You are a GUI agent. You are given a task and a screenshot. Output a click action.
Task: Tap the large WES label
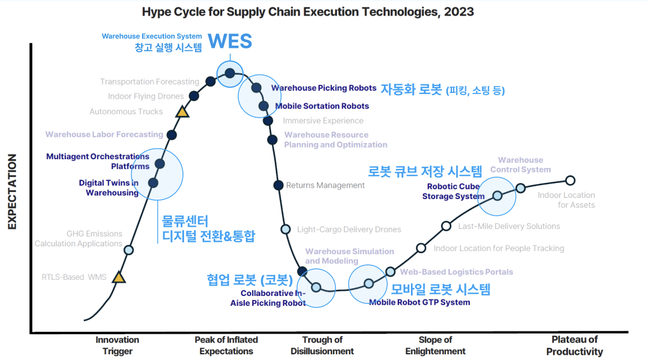pyautogui.click(x=230, y=41)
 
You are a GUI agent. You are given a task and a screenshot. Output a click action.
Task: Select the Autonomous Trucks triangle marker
pyautogui.click(x=182, y=112)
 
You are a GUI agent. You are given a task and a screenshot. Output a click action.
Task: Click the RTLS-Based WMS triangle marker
pyautogui.click(x=118, y=277)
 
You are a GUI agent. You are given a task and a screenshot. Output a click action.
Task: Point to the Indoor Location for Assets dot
pyautogui.click(x=570, y=180)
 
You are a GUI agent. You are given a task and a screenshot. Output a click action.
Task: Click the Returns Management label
pyautogui.click(x=326, y=185)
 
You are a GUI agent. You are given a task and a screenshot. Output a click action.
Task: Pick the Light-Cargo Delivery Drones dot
pyautogui.click(x=285, y=229)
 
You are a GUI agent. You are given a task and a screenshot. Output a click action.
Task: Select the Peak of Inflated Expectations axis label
pyautogui.click(x=226, y=345)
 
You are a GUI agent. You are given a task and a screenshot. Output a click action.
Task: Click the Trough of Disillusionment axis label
pyautogui.click(x=322, y=345)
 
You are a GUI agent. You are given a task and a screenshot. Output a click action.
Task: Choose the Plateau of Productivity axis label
pyautogui.click(x=574, y=345)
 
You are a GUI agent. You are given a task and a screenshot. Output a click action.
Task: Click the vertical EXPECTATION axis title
pyautogui.click(x=12, y=192)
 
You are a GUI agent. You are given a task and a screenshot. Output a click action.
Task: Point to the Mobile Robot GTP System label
pyautogui.click(x=419, y=302)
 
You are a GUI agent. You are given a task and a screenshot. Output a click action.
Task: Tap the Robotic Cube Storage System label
pyautogui.click(x=453, y=192)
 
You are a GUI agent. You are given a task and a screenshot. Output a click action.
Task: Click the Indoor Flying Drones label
pyautogui.click(x=145, y=96)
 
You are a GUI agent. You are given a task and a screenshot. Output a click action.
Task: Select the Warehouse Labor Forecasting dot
pyautogui.click(x=171, y=135)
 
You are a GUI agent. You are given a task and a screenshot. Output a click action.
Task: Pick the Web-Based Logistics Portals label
pyautogui.click(x=457, y=272)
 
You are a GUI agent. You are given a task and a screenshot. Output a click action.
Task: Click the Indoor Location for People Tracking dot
pyautogui.click(x=421, y=248)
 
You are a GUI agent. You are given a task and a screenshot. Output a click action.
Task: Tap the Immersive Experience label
pyautogui.click(x=323, y=121)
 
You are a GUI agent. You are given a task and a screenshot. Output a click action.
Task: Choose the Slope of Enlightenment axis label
pyautogui.click(x=435, y=345)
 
